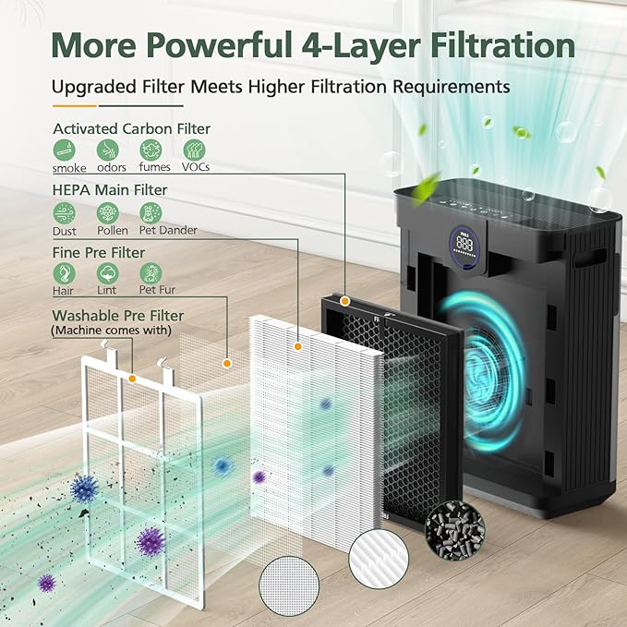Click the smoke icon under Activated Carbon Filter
(x=66, y=150)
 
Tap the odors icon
(x=107, y=150)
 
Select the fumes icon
(x=150, y=150)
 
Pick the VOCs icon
(x=194, y=150)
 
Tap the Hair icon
(x=66, y=273)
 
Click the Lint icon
(x=107, y=273)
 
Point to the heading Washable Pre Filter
(x=117, y=316)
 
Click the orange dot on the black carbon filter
(x=344, y=300)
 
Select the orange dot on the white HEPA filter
(x=297, y=346)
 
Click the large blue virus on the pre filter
(x=84, y=488)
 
